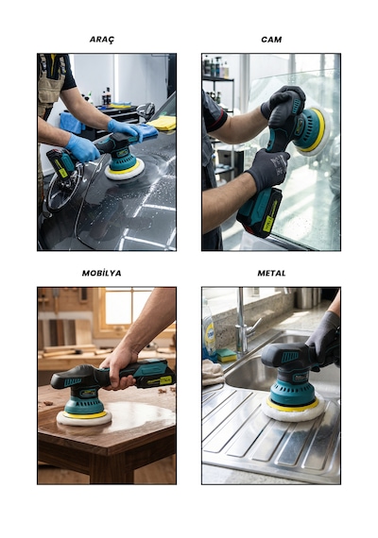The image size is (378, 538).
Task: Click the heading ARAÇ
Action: tap(102, 40)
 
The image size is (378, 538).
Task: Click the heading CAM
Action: tap(271, 40)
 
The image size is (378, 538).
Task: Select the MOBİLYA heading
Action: tap(101, 273)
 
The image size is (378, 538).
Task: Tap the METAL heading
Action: tap(271, 273)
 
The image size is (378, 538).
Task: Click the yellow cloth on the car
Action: tap(163, 123)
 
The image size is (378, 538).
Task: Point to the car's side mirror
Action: tap(146, 110)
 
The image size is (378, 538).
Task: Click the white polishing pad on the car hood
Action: tap(124, 171)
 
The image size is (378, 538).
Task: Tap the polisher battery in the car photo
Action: tap(60, 163)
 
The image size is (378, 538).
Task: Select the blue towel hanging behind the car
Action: tap(72, 123)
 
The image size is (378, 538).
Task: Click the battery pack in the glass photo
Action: tap(260, 212)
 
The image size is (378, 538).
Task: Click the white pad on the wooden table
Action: tap(84, 418)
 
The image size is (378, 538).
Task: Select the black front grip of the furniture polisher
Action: tap(72, 378)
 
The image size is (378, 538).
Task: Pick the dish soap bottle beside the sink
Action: tap(209, 330)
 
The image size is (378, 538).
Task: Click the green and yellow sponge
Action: tap(227, 355)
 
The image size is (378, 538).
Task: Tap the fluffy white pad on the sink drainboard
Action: tap(293, 408)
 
